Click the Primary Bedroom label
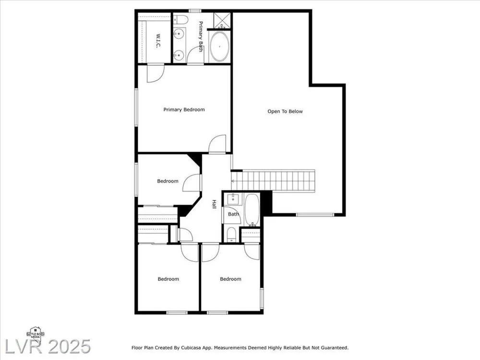pyautogui.click(x=184, y=109)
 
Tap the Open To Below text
pyautogui.click(x=285, y=111)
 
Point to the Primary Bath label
pyautogui.click(x=201, y=36)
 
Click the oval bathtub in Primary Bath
pyautogui.click(x=219, y=46)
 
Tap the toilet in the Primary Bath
pyautogui.click(x=180, y=20)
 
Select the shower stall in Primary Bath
pyautogui.click(x=222, y=21)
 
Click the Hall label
pyautogui.click(x=214, y=204)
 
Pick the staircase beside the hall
pyautogui.click(x=273, y=180)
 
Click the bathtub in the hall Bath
pyautogui.click(x=252, y=210)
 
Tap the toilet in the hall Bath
pyautogui.click(x=231, y=234)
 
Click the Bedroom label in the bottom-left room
pyautogui.click(x=168, y=279)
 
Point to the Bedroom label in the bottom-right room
pyautogui.click(x=230, y=279)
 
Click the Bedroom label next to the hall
pyautogui.click(x=168, y=181)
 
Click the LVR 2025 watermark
pyautogui.click(x=48, y=347)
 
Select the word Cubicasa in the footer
pyautogui.click(x=192, y=348)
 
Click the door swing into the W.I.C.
pyautogui.click(x=156, y=73)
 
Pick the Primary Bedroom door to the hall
pyautogui.click(x=217, y=144)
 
